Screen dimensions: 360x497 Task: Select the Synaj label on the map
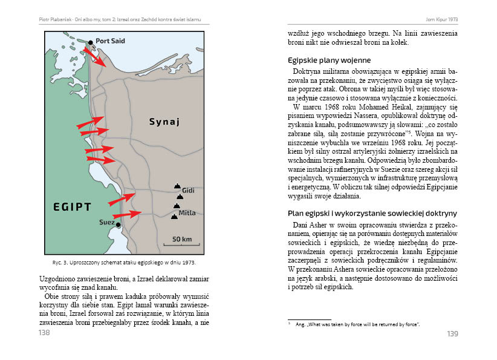[164, 123]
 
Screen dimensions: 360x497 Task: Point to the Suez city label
[106, 223]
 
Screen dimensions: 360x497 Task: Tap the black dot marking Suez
[119, 225]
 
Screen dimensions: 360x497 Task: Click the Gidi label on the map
[188, 190]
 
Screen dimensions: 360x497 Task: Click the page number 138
[44, 333]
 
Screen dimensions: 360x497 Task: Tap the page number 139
[452, 334]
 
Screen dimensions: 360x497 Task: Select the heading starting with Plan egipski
[372, 214]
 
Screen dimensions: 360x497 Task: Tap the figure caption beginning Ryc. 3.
[124, 263]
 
